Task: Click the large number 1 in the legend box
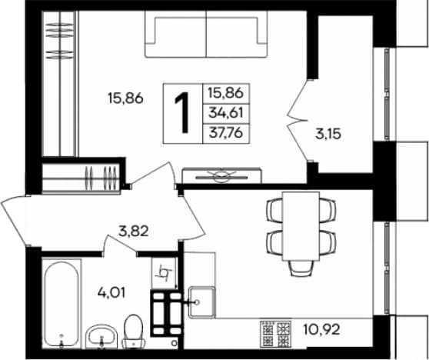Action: click(182, 112)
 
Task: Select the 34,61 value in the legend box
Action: click(226, 112)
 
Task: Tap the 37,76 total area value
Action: click(226, 133)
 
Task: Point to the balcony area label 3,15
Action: click(328, 134)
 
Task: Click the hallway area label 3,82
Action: click(133, 232)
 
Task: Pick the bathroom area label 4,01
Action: click(111, 293)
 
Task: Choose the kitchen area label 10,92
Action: click(321, 329)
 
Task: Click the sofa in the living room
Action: click(206, 34)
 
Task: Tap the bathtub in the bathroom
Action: click(62, 304)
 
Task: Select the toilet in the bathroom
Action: click(133, 332)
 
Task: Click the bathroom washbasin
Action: click(101, 337)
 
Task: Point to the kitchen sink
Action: click(202, 302)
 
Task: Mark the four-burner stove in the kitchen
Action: click(275, 334)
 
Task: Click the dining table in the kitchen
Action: click(301, 226)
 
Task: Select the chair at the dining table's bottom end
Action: click(301, 268)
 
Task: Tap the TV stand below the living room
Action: click(221, 175)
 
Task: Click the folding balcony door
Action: click(298, 120)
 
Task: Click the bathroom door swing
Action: click(119, 244)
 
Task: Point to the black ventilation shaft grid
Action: click(166, 313)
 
